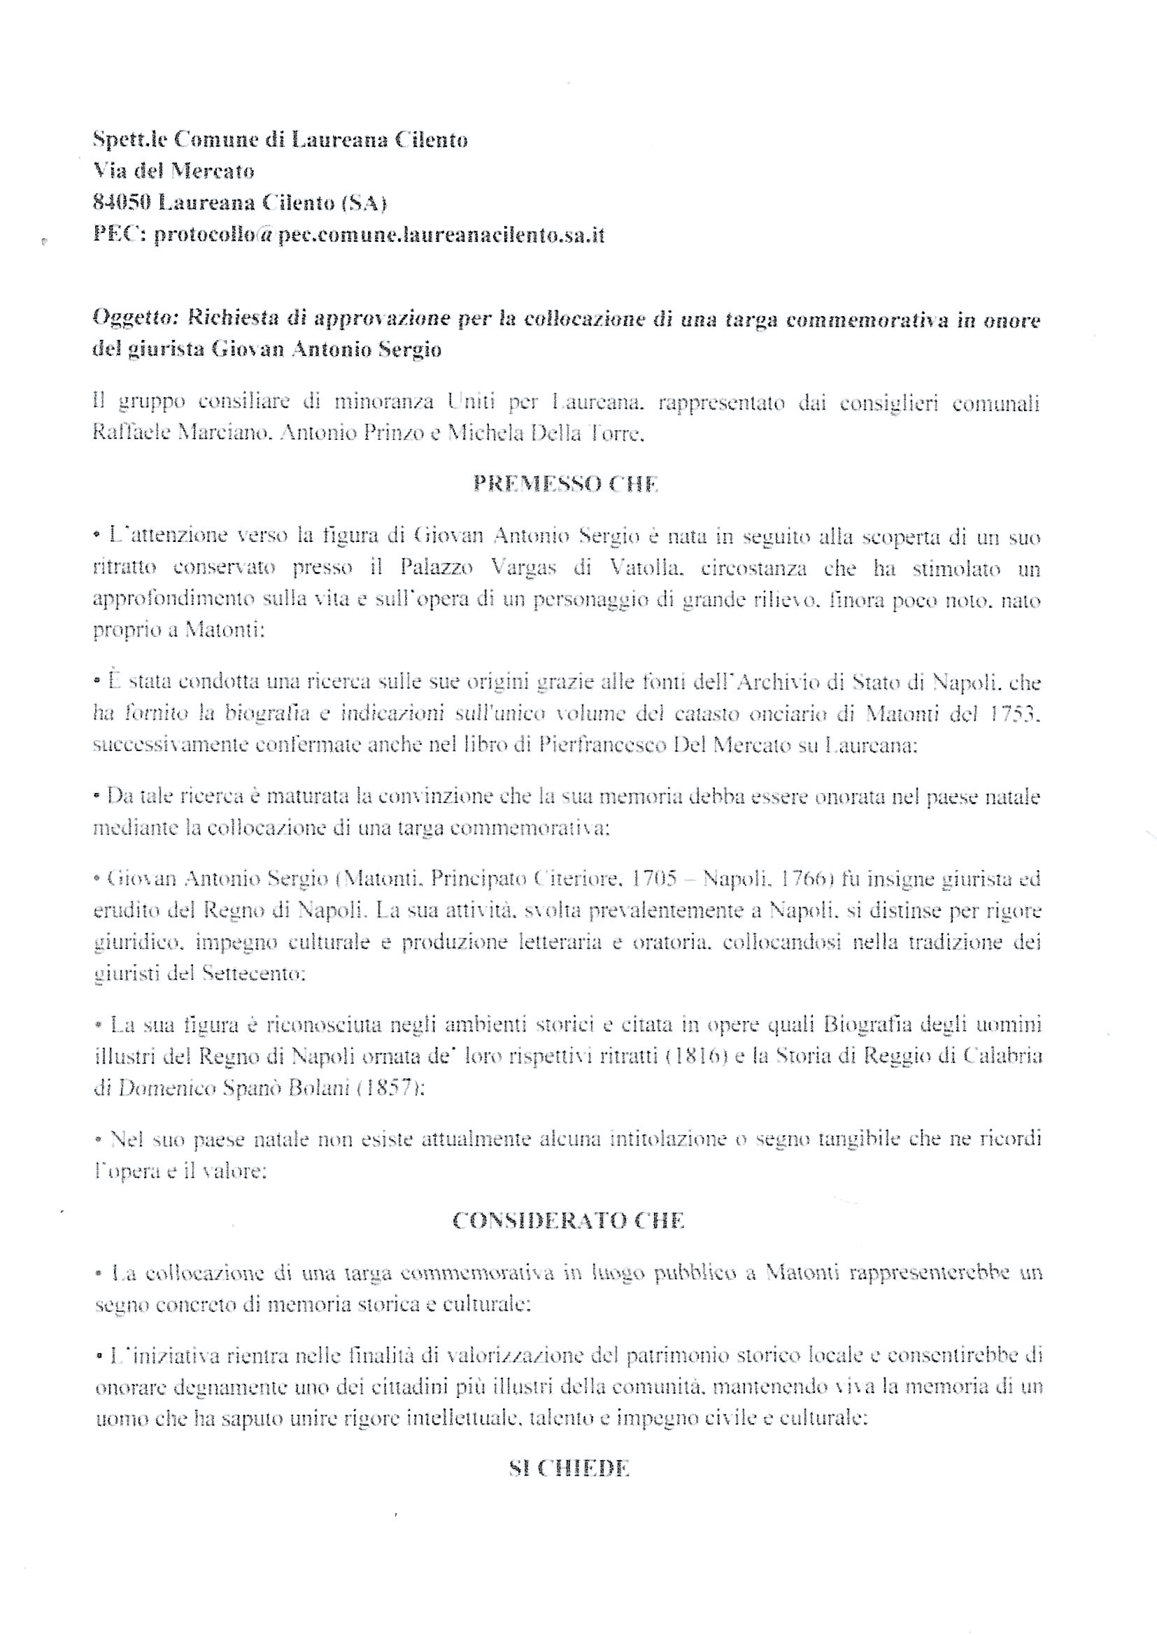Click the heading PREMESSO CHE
tap(565, 484)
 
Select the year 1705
tap(653, 880)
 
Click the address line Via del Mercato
tap(174, 171)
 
